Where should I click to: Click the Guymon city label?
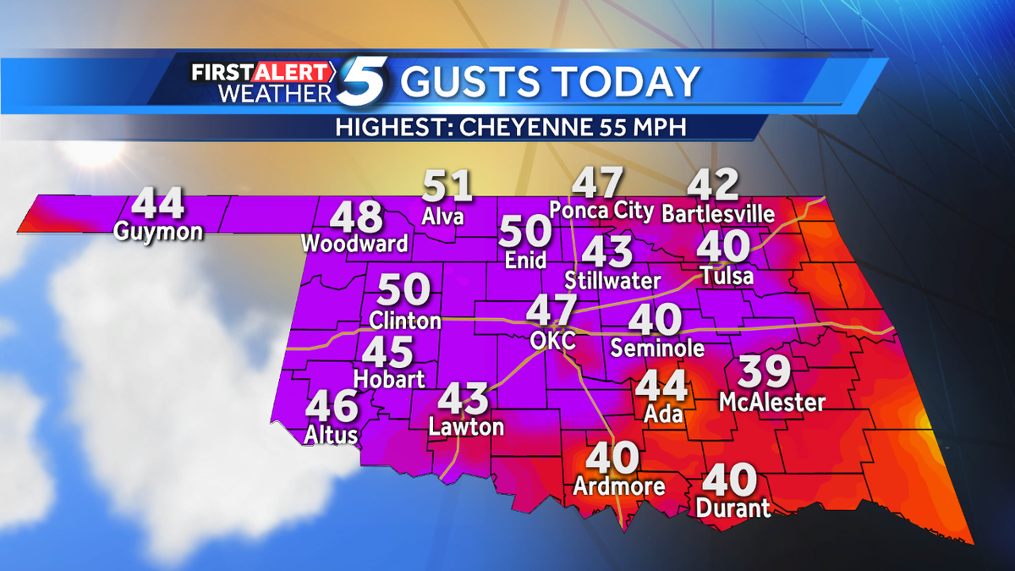[161, 230]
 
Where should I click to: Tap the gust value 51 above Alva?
[447, 186]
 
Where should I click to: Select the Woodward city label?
[355, 244]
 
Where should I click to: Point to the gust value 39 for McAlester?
[765, 372]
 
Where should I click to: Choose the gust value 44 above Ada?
[661, 386]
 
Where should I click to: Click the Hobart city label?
[389, 379]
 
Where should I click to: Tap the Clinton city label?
[405, 321]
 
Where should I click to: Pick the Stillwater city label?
[612, 279]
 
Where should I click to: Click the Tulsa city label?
[727, 276]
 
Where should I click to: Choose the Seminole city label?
[657, 348]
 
